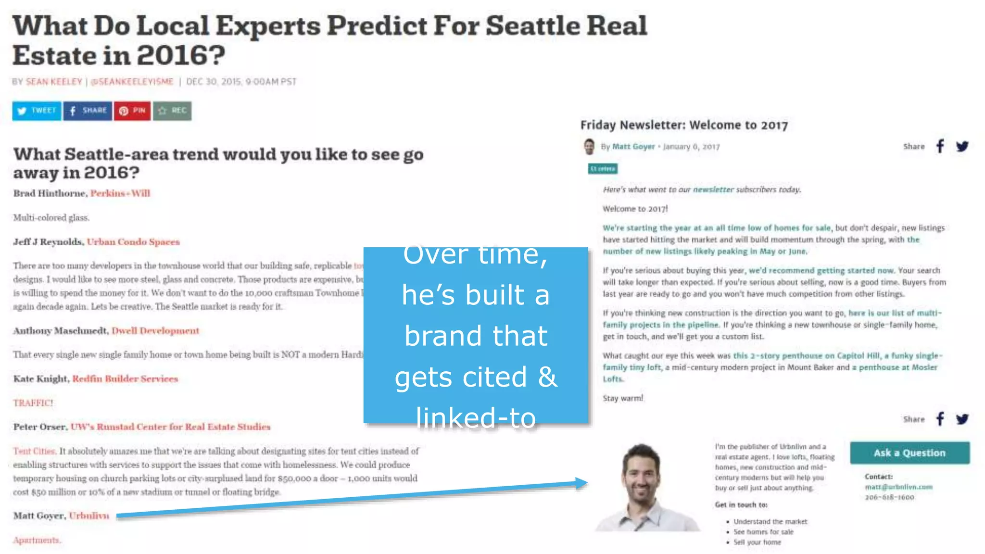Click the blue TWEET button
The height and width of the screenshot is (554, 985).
[x=37, y=111]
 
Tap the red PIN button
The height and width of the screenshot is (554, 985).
[x=132, y=111]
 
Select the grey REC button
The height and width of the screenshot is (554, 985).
[x=172, y=111]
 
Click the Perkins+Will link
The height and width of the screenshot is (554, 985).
[x=120, y=193]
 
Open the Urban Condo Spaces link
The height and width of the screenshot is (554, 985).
[x=133, y=242]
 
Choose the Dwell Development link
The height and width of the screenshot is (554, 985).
[x=155, y=331]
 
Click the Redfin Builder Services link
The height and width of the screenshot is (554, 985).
[x=125, y=379]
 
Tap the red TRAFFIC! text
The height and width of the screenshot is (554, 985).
[x=33, y=403]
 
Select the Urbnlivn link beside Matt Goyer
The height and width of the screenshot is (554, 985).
[x=89, y=516]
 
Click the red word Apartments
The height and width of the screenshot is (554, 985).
[x=37, y=540]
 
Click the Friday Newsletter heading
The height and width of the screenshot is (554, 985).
[x=684, y=126]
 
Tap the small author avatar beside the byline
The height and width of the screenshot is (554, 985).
[x=589, y=147]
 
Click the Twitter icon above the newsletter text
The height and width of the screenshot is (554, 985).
[x=962, y=146]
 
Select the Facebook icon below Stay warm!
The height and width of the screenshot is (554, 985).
[x=940, y=419]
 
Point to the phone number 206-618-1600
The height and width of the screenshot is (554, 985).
[x=889, y=497]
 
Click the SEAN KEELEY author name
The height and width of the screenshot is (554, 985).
[x=54, y=82]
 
